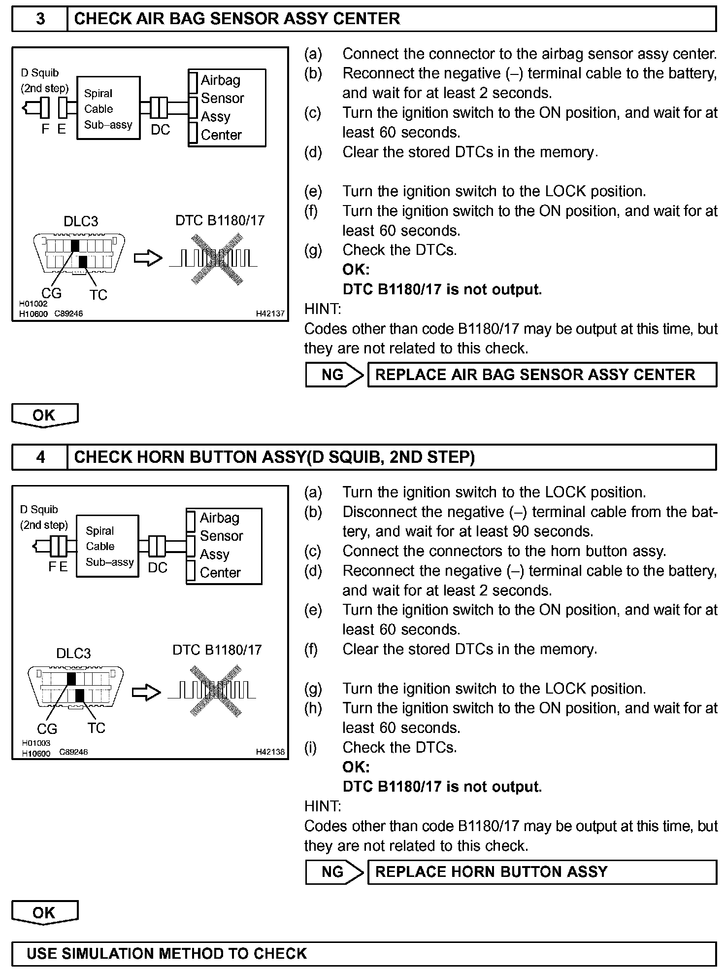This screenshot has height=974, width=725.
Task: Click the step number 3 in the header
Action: [40, 19]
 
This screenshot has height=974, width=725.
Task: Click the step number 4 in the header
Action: [40, 457]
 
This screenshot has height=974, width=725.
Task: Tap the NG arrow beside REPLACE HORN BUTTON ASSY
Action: [333, 872]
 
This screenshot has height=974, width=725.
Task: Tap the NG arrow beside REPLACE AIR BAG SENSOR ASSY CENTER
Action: [333, 375]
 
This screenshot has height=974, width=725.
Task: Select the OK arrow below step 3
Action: [44, 415]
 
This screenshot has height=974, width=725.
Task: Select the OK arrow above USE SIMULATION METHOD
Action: [44, 912]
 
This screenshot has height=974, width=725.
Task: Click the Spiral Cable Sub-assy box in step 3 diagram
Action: [108, 108]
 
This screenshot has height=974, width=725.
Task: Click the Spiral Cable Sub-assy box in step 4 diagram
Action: [107, 546]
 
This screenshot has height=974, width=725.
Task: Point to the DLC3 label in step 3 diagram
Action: [81, 221]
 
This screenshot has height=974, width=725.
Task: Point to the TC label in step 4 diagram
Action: [97, 728]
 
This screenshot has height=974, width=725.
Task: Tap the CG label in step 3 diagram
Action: [51, 293]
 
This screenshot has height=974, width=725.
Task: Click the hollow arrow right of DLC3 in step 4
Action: [147, 693]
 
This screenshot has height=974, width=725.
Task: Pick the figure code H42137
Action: [270, 313]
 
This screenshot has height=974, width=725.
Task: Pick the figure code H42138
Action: [270, 752]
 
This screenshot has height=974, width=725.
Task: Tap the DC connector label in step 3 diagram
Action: [160, 130]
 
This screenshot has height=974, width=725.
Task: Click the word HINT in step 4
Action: [323, 806]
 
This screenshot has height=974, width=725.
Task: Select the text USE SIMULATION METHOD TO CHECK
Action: [166, 953]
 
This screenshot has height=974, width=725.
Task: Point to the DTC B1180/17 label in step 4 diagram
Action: [217, 650]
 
